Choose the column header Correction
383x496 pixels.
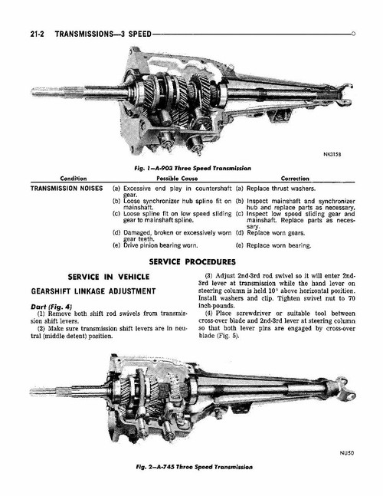(x=295, y=177)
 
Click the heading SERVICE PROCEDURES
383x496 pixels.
(x=191, y=261)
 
